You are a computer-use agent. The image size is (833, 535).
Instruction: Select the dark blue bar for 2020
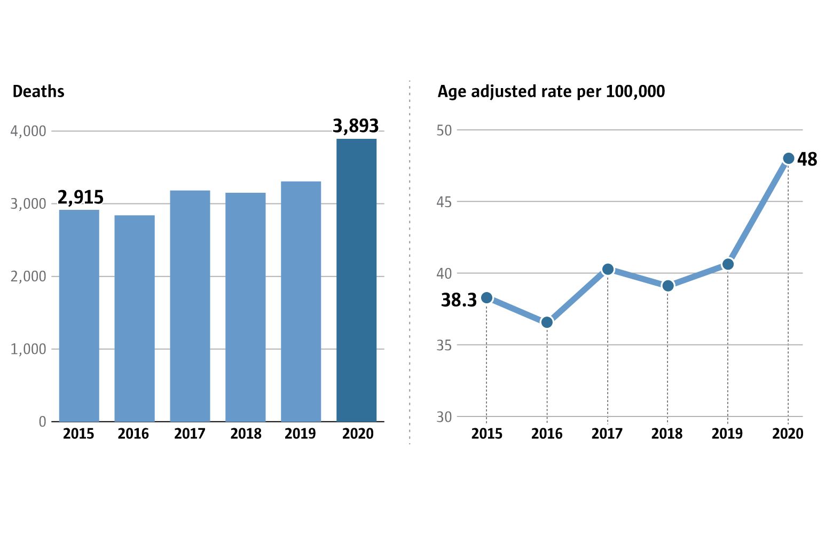coord(356,280)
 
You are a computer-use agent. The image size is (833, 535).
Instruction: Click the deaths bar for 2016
coord(135,318)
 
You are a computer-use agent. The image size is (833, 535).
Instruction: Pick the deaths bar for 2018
coord(245,307)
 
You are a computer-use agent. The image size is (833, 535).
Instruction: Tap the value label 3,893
coord(356,126)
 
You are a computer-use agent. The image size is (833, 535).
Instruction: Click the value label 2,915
coord(80,198)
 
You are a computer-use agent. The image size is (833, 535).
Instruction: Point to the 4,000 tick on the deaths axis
coord(28,131)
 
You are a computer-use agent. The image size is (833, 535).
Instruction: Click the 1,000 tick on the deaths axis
coord(28,349)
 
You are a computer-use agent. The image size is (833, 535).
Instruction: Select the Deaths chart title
coord(38,92)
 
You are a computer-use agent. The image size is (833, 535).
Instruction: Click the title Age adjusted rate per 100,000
coord(551,92)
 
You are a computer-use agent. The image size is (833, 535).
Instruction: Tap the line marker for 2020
coord(788,159)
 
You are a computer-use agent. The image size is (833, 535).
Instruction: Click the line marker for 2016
coord(547,322)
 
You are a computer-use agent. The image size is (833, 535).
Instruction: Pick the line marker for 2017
coord(608,270)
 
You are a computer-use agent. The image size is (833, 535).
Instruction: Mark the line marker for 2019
coord(728,264)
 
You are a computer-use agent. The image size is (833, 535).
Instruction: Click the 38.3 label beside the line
coord(459,301)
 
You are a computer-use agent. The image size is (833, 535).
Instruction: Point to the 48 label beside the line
coord(807,160)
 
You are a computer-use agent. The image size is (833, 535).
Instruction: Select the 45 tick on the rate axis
coord(444,202)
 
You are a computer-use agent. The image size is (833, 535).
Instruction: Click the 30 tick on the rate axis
coord(444,417)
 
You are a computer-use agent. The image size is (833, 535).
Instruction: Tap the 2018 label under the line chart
coord(667,434)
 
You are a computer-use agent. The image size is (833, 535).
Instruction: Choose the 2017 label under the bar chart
coord(190,434)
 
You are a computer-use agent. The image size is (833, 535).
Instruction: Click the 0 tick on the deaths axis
coord(43,422)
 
